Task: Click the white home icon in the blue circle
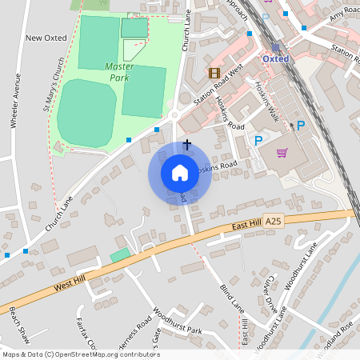point(179,173)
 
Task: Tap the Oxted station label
point(275,58)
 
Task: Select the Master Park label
point(119,71)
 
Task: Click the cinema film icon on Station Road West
point(214,72)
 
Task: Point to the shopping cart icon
point(282,152)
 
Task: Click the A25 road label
point(274,219)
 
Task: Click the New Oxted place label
point(45,38)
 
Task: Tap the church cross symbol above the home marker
point(187,144)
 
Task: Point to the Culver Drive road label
point(272,298)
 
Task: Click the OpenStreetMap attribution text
point(80,354)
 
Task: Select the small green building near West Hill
point(119,254)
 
